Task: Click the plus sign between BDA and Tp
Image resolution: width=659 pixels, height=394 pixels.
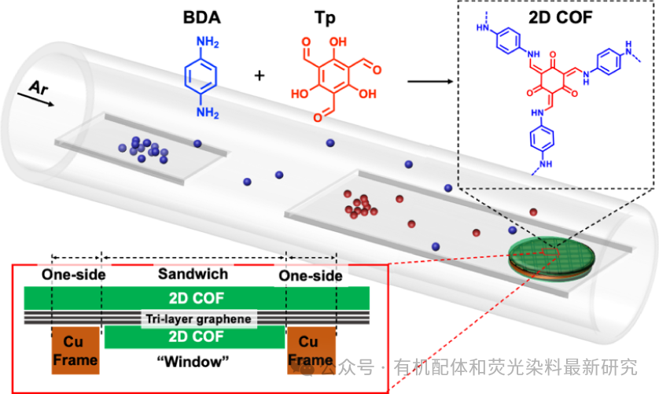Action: pyautogui.click(x=260, y=75)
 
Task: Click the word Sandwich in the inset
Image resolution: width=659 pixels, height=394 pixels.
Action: pyautogui.click(x=193, y=274)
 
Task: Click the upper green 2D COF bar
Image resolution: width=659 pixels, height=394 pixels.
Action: pyautogui.click(x=193, y=297)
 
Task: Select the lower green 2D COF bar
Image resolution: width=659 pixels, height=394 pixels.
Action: pyautogui.click(x=193, y=337)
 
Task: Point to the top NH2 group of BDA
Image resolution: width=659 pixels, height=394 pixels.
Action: pyautogui.click(x=207, y=40)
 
